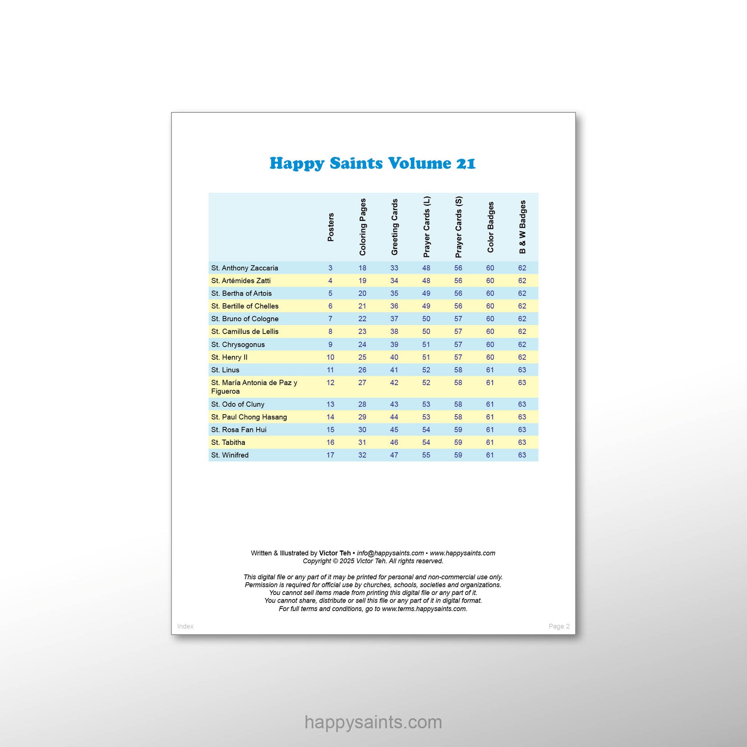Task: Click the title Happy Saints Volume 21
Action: [x=372, y=163]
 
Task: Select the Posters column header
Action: [x=331, y=227]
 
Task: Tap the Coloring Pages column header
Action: [x=362, y=227]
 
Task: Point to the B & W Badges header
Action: [x=522, y=227]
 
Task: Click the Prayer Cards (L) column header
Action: [x=426, y=227]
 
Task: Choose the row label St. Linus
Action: [x=225, y=370]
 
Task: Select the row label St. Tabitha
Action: [x=228, y=442]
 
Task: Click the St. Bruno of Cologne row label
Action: [x=245, y=319]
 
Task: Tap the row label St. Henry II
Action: [x=229, y=357]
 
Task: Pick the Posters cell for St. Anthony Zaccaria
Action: [x=330, y=268]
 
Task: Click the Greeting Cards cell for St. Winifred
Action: [x=394, y=455]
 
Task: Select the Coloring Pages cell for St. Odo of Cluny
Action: [x=362, y=404]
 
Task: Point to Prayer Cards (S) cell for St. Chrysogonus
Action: [x=458, y=344]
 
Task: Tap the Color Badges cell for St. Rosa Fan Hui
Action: [x=490, y=429]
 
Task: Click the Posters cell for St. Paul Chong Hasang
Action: [x=330, y=417]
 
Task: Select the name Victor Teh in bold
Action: [x=334, y=553]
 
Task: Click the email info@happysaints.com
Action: [x=390, y=553]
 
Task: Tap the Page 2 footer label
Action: [x=559, y=626]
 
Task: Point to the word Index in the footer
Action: [x=185, y=626]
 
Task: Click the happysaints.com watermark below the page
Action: [x=373, y=722]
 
